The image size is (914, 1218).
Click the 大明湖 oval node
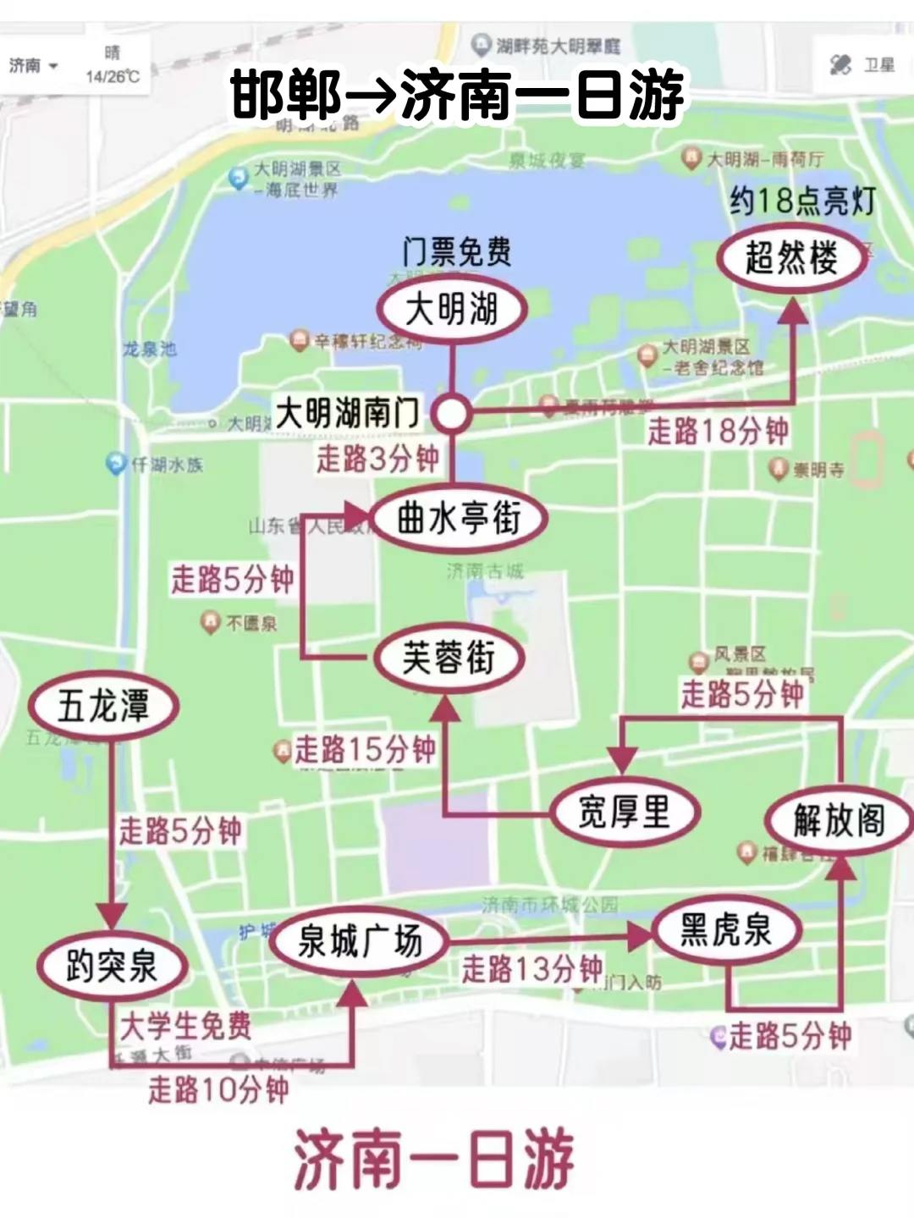point(452,309)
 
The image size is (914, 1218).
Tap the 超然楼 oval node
point(792,257)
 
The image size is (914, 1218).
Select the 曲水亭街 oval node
point(459,518)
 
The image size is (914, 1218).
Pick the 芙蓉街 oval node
point(449,659)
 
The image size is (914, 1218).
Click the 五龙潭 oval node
point(103,706)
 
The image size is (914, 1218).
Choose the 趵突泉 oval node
point(112,966)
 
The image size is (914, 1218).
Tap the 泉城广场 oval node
point(360,940)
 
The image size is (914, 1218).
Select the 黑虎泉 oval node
point(726,929)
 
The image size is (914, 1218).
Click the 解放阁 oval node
point(839,820)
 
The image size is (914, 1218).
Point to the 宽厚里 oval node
point(624,812)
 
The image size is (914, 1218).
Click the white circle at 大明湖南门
point(452,413)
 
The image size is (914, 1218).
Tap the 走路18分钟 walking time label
point(718,431)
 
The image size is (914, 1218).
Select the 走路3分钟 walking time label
point(377,459)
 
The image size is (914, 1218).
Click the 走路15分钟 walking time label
point(365,749)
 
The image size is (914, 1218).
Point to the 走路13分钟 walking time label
point(531,968)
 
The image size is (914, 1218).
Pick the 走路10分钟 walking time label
point(218,1089)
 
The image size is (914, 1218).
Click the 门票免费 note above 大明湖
point(456,251)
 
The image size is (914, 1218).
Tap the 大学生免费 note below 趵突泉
point(186,1026)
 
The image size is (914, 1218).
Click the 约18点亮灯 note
point(802,201)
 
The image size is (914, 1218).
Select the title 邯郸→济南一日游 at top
point(457,95)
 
